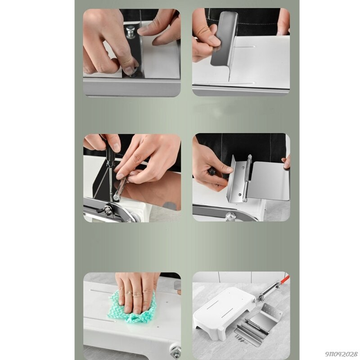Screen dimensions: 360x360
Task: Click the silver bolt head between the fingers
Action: point(130,31)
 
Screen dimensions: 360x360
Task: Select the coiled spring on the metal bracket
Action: point(247,178)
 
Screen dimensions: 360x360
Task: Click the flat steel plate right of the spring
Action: point(269,180)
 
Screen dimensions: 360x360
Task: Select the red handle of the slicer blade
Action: point(284,280)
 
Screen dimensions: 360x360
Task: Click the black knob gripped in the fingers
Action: point(211,171)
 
